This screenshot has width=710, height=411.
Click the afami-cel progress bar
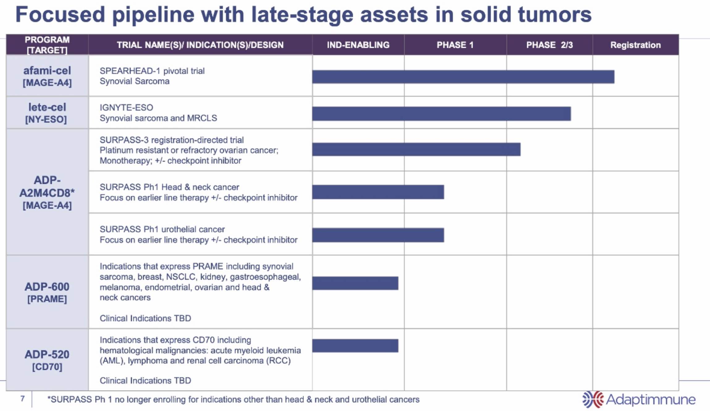[463, 77]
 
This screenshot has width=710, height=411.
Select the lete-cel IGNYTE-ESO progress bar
[441, 114]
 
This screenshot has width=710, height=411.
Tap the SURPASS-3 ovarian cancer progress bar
[416, 150]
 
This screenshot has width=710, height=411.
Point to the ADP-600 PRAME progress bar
[355, 283]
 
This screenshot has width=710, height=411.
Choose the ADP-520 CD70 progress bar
[355, 346]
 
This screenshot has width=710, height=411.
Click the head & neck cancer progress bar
[378, 192]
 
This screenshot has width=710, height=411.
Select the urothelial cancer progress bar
[378, 235]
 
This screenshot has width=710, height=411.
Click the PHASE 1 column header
[455, 45]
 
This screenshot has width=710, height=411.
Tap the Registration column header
[635, 45]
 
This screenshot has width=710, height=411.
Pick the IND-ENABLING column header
[358, 45]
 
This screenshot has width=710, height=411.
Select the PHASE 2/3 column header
[549, 45]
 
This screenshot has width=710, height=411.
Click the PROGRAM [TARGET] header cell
[47, 45]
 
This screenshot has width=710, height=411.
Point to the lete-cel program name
[47, 107]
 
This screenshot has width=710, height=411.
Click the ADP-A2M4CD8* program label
[47, 187]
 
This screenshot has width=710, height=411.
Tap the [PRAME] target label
[47, 299]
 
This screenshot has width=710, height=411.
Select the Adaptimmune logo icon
[593, 399]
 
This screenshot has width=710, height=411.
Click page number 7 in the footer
[23, 399]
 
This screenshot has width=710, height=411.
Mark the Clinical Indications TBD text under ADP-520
[145, 380]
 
